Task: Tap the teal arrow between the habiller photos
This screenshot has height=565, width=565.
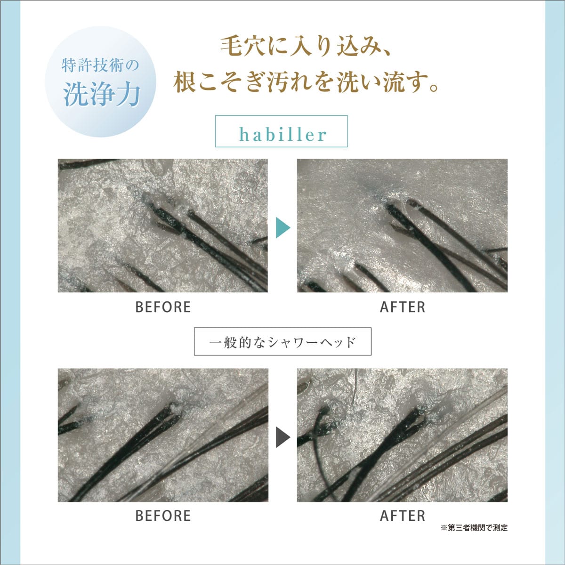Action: (282, 227)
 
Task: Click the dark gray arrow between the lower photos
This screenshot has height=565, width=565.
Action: (282, 437)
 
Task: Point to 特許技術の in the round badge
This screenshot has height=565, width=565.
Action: (100, 65)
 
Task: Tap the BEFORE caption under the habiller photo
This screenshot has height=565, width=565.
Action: (163, 307)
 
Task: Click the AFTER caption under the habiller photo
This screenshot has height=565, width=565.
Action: (403, 307)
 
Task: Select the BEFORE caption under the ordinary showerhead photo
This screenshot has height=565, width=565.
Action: (163, 516)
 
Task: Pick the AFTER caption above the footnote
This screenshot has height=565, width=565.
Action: (403, 516)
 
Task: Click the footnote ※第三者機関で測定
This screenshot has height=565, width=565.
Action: (474, 528)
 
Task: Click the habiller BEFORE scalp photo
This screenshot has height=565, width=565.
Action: (163, 226)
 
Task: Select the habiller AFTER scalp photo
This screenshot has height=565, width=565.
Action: (402, 226)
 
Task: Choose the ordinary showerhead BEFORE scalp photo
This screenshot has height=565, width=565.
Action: (163, 435)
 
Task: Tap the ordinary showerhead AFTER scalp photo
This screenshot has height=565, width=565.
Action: (402, 435)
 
